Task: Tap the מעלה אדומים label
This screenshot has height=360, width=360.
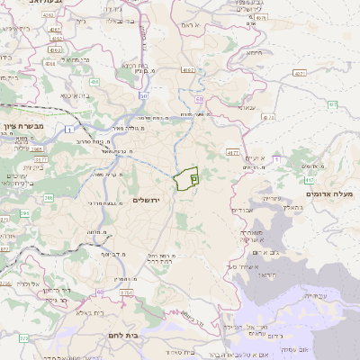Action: pos(330,194)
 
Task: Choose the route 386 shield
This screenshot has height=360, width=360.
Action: pos(49,197)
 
